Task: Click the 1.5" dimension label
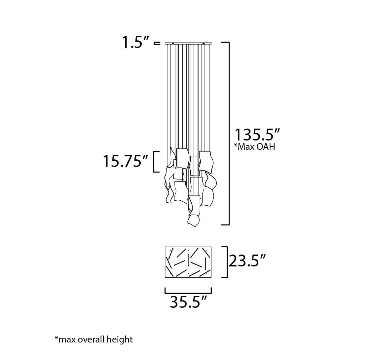(x=136, y=43)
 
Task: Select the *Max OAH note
(x=254, y=147)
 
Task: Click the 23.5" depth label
(x=247, y=261)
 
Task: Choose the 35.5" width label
(x=188, y=302)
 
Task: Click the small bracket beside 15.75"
(x=155, y=162)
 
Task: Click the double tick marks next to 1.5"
(x=157, y=43)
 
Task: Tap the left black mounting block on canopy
(x=173, y=43)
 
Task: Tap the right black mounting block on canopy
(x=204, y=43)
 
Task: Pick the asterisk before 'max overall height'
(x=56, y=338)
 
